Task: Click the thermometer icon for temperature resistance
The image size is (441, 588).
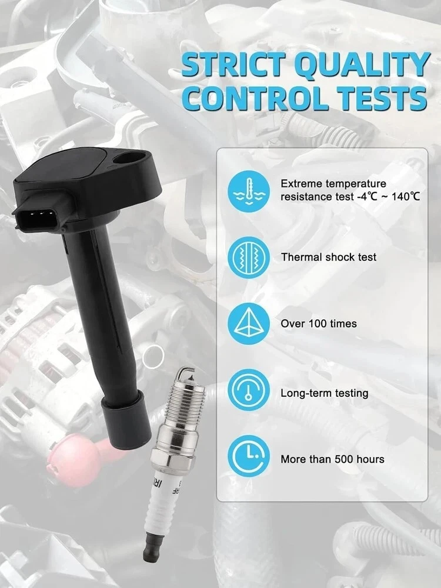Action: [x=249, y=191]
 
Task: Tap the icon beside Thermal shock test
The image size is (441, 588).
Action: [x=249, y=258]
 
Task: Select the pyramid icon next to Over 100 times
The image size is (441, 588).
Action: [x=249, y=324]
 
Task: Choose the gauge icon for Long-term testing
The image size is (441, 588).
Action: [x=249, y=390]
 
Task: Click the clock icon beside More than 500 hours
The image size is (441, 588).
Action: [x=249, y=456]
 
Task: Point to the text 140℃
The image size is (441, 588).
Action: [x=406, y=196]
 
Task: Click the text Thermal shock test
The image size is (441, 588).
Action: [x=329, y=258]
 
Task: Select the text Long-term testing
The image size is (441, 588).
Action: [x=325, y=393]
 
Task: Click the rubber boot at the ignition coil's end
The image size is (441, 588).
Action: [x=127, y=416]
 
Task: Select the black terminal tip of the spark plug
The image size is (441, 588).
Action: [x=153, y=549]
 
